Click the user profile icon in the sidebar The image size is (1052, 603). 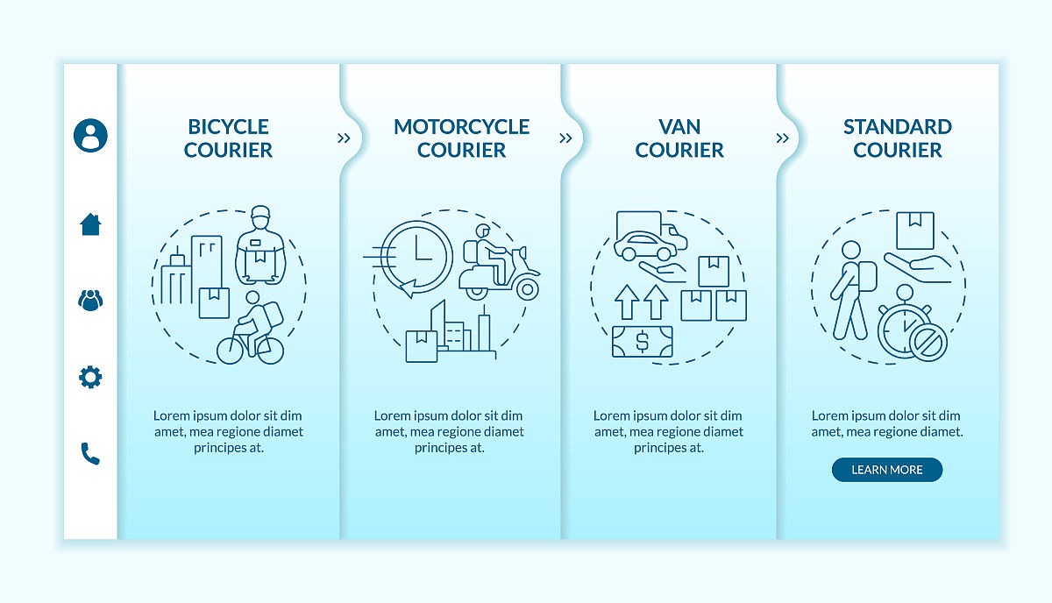click(90, 135)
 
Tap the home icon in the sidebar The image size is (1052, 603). click(90, 224)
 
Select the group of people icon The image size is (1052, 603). click(90, 301)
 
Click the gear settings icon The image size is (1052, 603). click(90, 377)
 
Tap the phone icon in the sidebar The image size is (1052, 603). click(90, 454)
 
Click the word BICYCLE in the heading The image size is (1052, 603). click(228, 127)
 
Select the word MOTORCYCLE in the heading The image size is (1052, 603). click(462, 127)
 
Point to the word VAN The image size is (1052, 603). click(679, 127)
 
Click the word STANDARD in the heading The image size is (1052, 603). click(898, 127)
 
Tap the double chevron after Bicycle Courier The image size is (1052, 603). click(344, 138)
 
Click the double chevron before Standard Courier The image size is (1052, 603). click(782, 138)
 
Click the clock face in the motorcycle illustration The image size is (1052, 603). click(416, 256)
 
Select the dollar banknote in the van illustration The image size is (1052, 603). click(643, 342)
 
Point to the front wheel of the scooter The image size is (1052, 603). click(528, 289)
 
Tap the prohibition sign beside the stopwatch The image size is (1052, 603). click(928, 342)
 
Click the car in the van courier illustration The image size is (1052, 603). click(646, 246)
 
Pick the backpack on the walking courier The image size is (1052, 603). click(867, 276)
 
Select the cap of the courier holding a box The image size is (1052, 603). click(260, 211)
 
